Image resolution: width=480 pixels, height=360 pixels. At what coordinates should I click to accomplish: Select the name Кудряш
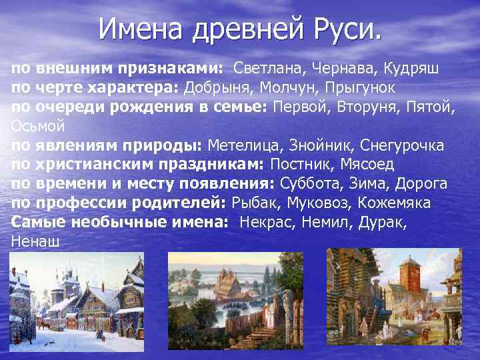tap(411, 69)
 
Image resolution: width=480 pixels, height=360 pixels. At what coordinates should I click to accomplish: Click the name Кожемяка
tap(393, 203)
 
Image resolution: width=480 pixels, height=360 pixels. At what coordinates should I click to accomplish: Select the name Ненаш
tap(35, 241)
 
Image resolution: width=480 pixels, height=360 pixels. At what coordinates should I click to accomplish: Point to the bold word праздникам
tap(213, 165)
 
